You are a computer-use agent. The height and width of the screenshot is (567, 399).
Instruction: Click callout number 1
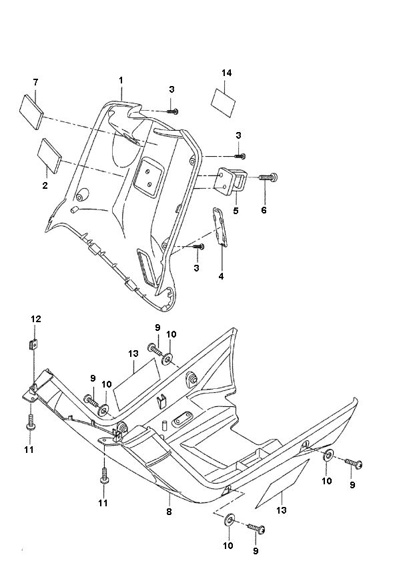[121, 81]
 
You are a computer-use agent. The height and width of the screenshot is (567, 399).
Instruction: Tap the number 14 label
[228, 72]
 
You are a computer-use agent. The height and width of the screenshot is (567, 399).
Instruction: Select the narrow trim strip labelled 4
[220, 227]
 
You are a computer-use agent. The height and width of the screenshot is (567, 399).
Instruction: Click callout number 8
[169, 512]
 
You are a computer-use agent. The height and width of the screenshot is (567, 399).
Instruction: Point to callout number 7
[35, 82]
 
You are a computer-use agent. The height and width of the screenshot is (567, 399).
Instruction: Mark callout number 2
[45, 186]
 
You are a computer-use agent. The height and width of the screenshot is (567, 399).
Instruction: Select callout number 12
[36, 320]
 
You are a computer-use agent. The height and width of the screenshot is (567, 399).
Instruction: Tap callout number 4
[221, 275]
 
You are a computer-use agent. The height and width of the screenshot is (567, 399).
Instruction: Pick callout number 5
[236, 211]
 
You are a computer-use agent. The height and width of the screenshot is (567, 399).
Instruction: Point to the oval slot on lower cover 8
[181, 418]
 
